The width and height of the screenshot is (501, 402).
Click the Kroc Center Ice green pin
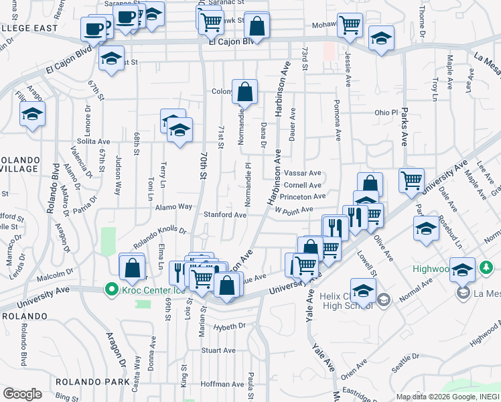[110, 290]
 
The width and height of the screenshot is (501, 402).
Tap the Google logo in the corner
[22, 394]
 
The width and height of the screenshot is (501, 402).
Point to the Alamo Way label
[174, 207]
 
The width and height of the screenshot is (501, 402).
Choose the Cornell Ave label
[303, 185]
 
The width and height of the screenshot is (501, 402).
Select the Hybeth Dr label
[229, 327]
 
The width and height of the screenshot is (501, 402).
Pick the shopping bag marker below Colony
[245, 91]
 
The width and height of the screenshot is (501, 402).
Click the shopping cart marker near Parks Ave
[411, 180]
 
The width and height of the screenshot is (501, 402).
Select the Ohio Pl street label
[386, 113]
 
